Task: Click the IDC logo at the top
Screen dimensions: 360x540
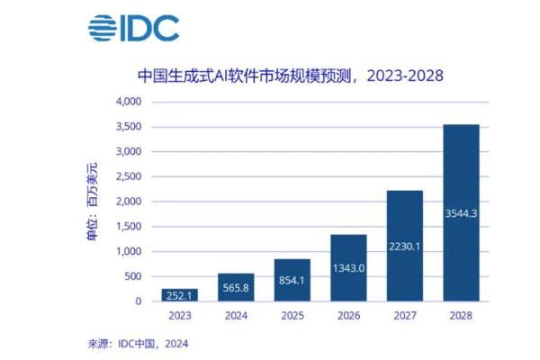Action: (132, 28)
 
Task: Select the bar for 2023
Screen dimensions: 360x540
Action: (180, 295)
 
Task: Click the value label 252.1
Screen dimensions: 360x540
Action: (180, 296)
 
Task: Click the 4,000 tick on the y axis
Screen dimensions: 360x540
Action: (129, 102)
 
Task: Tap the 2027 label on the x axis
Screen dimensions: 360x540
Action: (404, 315)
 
